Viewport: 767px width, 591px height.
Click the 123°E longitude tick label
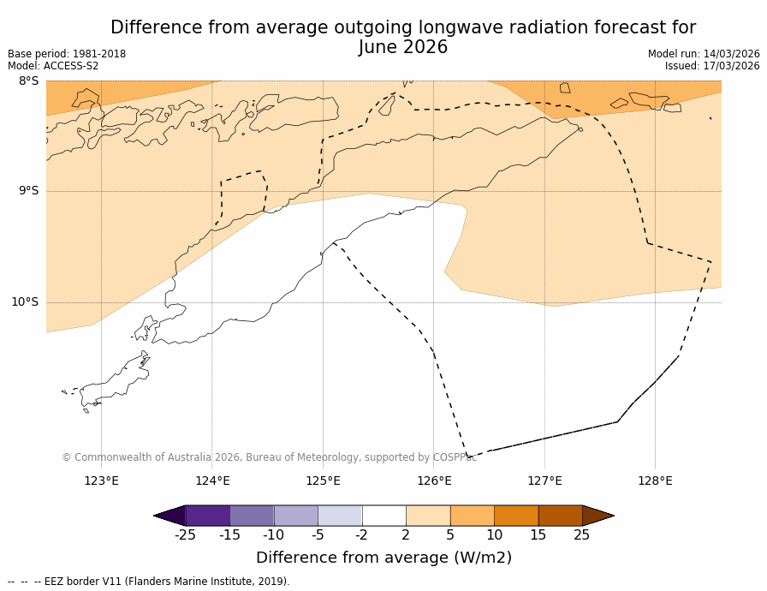point(101,481)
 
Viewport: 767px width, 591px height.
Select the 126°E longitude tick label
point(434,481)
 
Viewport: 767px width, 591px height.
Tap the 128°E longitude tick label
point(655,481)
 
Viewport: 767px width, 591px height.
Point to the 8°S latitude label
point(28,81)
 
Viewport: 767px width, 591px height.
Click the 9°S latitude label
point(28,191)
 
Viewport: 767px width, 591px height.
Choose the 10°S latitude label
point(25,302)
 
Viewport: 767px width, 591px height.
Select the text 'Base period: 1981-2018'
point(67,54)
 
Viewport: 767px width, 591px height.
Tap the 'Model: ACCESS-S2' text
point(53,66)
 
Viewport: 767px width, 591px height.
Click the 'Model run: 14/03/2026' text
point(704,54)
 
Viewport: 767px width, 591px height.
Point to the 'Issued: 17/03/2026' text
point(712,66)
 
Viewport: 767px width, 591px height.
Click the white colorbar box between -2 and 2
point(384,516)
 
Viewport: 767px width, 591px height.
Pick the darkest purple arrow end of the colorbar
point(169,516)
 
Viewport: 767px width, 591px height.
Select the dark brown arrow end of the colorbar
point(598,516)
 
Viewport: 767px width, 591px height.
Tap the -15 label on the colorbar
point(229,535)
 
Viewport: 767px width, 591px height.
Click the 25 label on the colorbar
point(582,535)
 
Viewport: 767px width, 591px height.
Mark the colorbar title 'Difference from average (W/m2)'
point(383,558)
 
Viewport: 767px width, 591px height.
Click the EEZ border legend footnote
point(149,582)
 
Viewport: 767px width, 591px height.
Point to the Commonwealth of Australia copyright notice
point(269,457)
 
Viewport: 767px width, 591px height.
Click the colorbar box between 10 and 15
point(516,516)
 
